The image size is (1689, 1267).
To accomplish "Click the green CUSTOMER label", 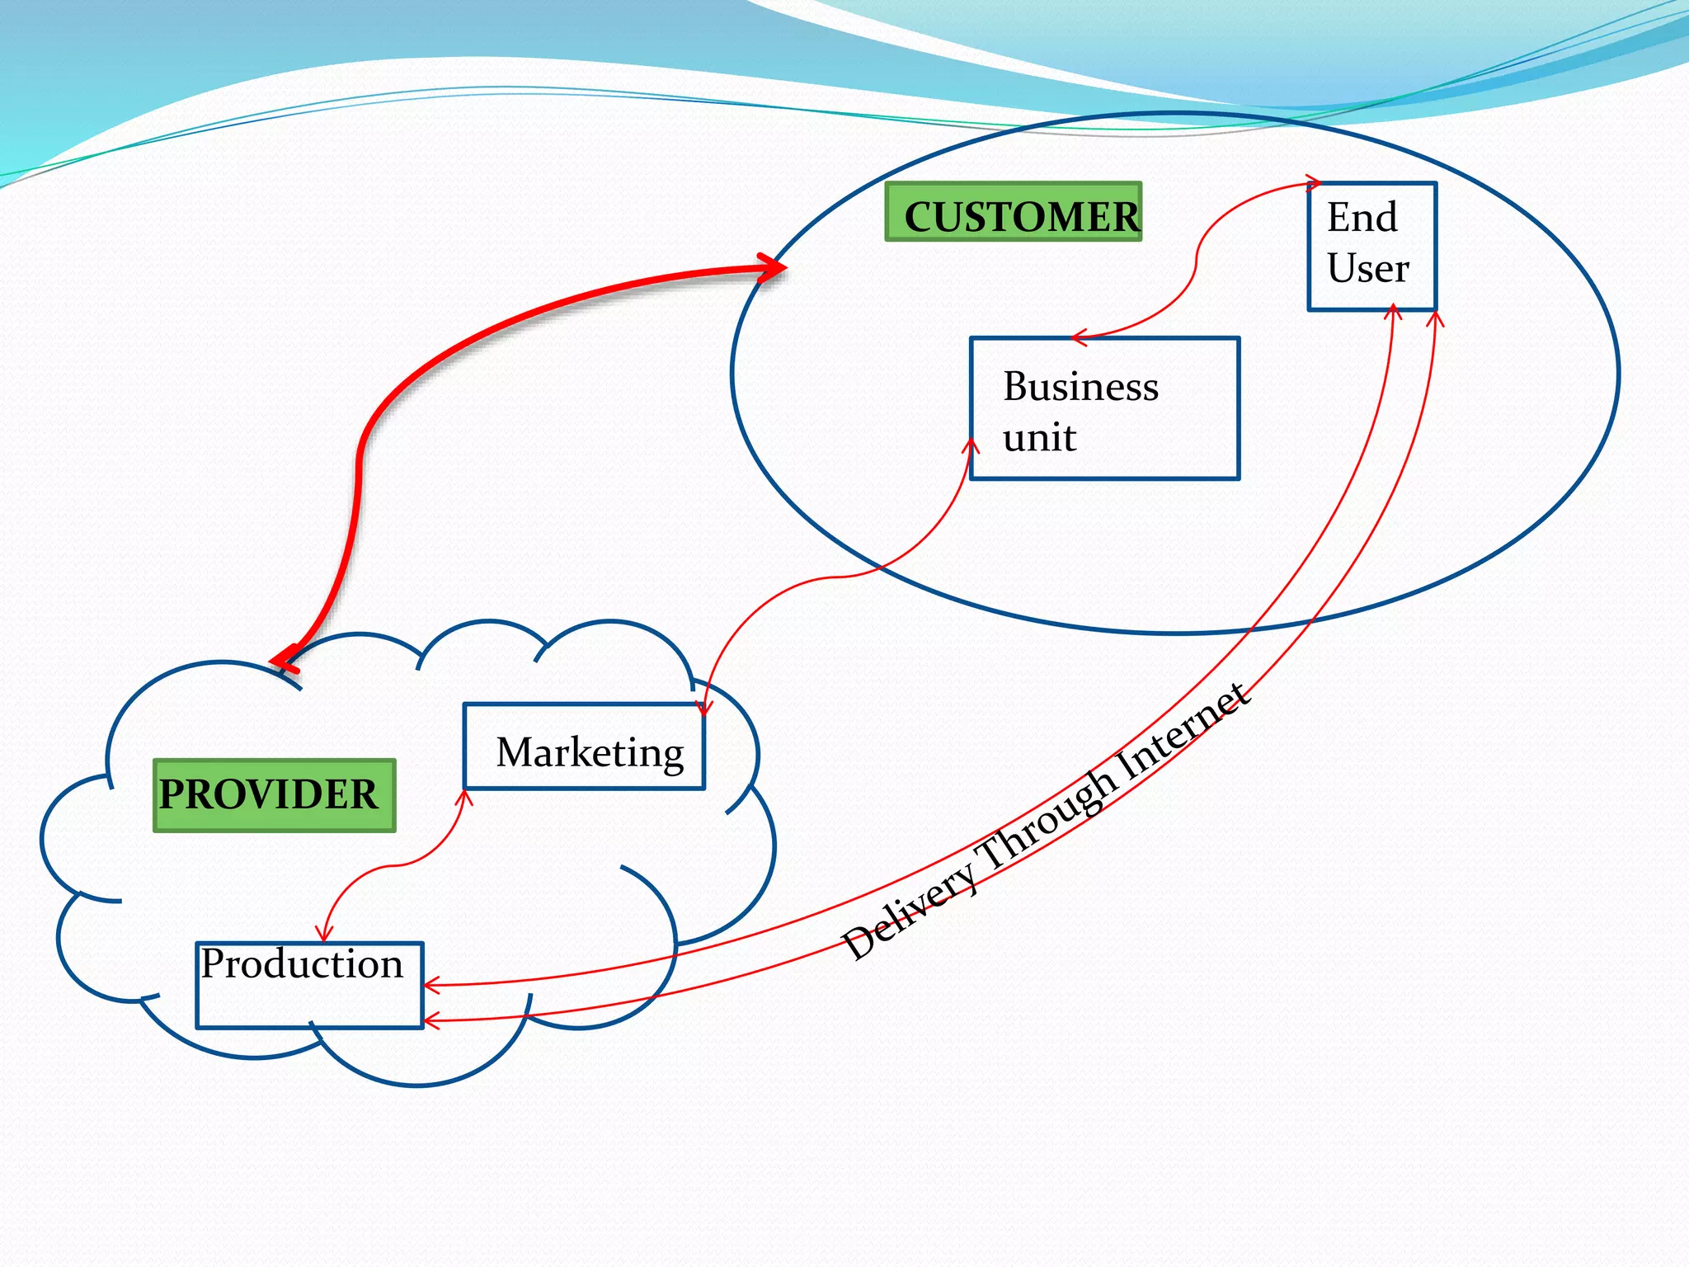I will pos(1014,213).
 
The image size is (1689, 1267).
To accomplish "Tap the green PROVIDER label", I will pos(274,795).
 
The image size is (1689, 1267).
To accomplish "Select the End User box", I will pos(1371,246).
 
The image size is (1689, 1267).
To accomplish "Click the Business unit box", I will pos(1104,408).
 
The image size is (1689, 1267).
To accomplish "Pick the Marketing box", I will pos(584,747).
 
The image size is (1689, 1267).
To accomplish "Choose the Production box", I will pos(309,986).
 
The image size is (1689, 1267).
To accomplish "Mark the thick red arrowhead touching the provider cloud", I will pos(285,661).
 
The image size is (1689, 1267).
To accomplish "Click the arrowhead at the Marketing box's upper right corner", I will pos(703,708).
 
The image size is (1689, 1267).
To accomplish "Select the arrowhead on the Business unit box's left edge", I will pos(972,446).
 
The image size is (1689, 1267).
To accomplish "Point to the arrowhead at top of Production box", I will pos(324,934).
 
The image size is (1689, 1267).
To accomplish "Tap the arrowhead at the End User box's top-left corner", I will pos(1312,183).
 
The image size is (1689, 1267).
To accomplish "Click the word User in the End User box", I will pos(1368,269).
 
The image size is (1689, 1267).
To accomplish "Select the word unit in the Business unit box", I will pos(1039,437).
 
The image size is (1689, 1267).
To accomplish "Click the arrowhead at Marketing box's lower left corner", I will pos(465,797).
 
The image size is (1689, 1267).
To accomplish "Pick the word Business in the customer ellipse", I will pos(1080,386).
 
